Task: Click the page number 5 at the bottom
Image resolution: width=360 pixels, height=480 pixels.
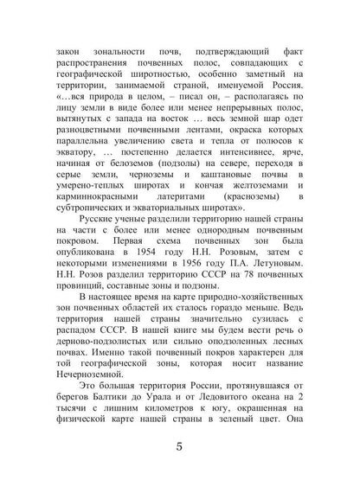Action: (179, 448)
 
